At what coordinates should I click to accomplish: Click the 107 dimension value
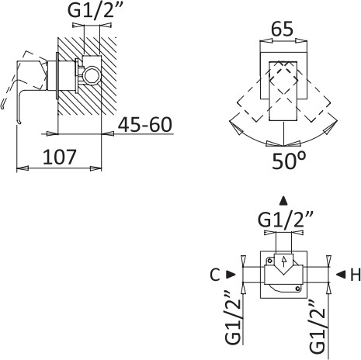59,157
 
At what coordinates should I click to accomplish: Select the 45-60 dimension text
145,125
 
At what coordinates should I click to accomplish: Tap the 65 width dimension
282,29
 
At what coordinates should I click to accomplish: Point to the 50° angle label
289,161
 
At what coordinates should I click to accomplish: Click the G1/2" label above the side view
95,10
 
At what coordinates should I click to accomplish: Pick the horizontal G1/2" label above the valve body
286,220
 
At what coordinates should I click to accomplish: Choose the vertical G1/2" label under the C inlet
234,318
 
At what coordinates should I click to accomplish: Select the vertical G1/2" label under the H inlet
317,327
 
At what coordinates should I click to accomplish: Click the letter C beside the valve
214,275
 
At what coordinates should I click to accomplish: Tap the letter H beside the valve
356,275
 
